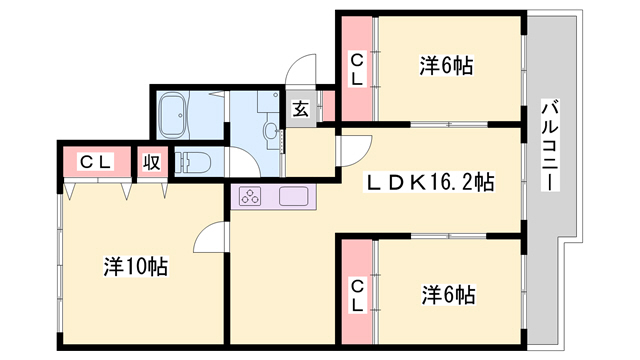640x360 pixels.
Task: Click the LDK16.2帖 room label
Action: coord(429,183)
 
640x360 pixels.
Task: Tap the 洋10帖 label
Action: coord(136,267)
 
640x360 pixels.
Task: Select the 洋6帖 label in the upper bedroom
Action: coord(447,66)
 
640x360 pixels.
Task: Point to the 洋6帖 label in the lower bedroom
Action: coord(448,295)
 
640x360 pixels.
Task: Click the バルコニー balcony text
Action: coord(550,145)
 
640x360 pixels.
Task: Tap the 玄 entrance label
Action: coord(301,109)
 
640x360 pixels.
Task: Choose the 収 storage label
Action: coord(151,162)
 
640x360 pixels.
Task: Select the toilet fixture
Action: coord(193,162)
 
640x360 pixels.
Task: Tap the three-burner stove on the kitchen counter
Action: coord(250,196)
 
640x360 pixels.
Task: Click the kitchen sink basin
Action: coord(293,196)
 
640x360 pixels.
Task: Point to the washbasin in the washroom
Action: coord(271,131)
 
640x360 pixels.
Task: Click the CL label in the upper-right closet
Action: coord(357,70)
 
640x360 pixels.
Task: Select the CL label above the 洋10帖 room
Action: coord(96,162)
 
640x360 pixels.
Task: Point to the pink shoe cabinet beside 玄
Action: coord(329,106)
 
